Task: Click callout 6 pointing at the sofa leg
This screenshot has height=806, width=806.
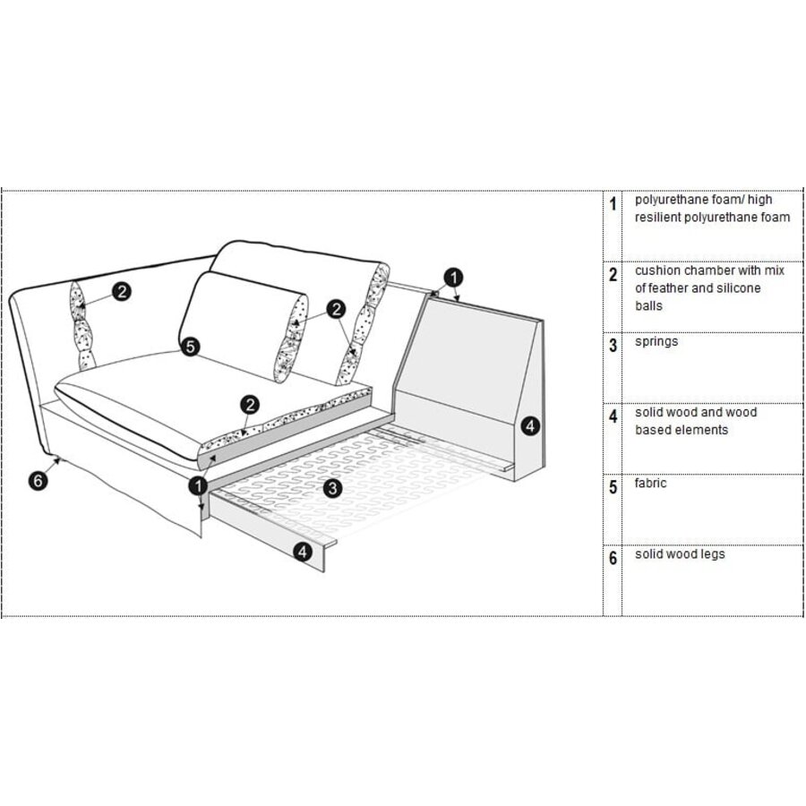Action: click(x=37, y=481)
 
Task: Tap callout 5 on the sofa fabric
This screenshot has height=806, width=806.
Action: click(x=190, y=346)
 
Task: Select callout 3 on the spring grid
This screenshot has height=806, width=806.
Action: click(x=332, y=488)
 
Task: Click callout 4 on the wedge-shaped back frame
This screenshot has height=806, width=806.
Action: click(x=531, y=426)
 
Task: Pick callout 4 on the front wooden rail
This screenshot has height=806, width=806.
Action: click(x=304, y=553)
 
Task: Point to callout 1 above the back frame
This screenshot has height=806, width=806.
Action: click(x=455, y=277)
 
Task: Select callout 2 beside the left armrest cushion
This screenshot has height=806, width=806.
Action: click(x=122, y=290)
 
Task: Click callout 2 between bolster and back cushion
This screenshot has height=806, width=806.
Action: click(x=336, y=309)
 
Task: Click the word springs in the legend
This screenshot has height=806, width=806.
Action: click(x=656, y=341)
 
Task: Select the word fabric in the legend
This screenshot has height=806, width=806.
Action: click(x=651, y=484)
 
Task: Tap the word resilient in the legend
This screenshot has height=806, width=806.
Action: click(x=662, y=218)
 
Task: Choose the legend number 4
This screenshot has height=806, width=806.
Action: click(x=613, y=416)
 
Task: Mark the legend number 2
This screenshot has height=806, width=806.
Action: click(x=613, y=274)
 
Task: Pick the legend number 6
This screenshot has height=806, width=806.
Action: click(x=613, y=559)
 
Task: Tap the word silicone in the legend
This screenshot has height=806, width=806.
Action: click(x=735, y=288)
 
